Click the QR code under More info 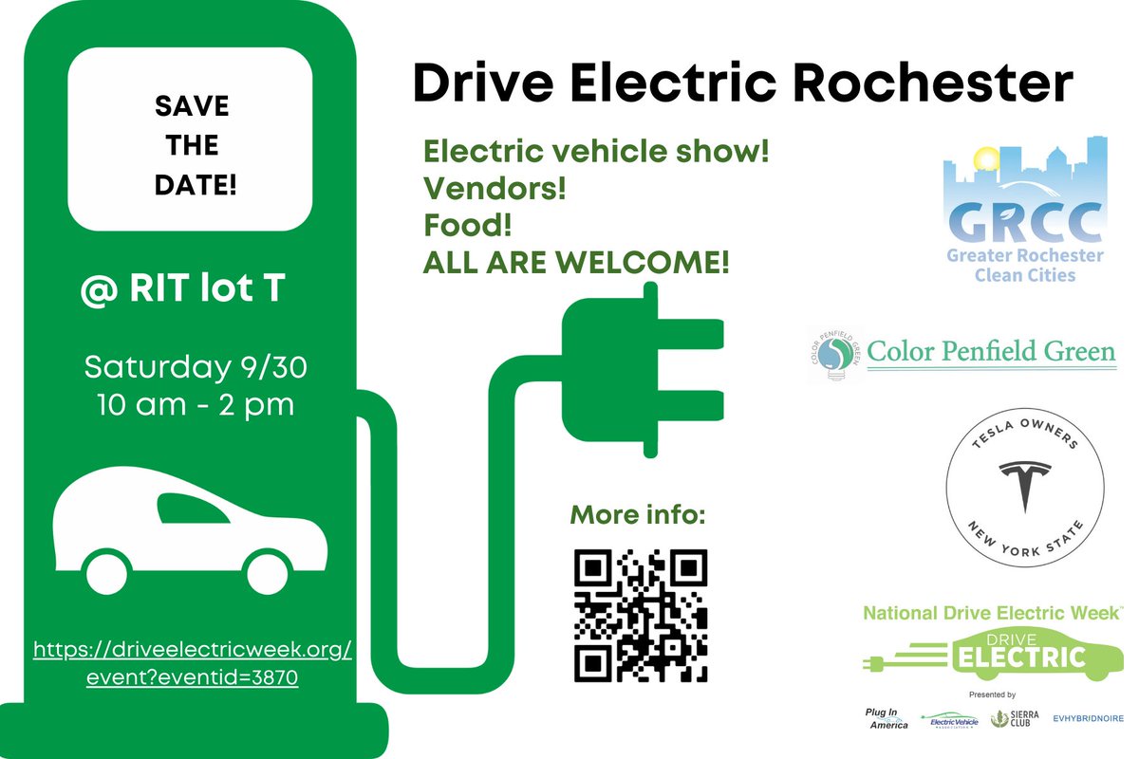pyautogui.click(x=641, y=615)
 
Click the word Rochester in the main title pyautogui.click(x=934, y=84)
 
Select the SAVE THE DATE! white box pyautogui.click(x=190, y=143)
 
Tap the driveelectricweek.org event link pyautogui.click(x=193, y=665)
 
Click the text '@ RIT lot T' pyautogui.click(x=182, y=289)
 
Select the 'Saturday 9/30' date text pyautogui.click(x=195, y=365)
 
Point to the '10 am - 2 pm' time pyautogui.click(x=195, y=405)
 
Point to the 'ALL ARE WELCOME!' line pyautogui.click(x=576, y=262)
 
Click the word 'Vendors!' pyautogui.click(x=495, y=189)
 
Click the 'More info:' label pyautogui.click(x=638, y=517)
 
